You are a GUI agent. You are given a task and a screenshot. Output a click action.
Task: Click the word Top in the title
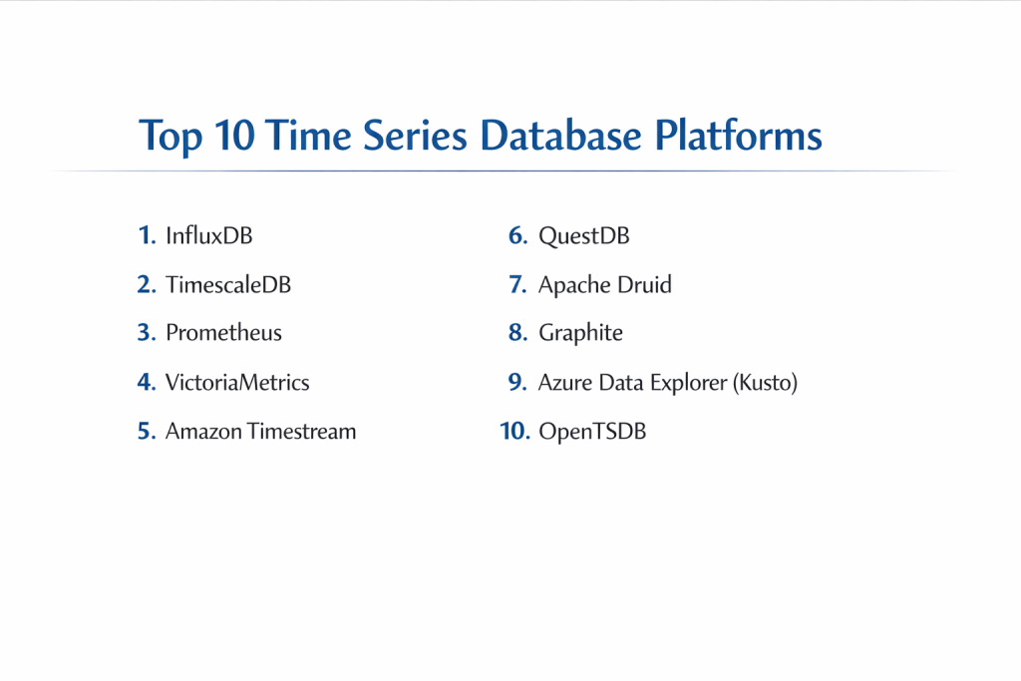tap(170, 137)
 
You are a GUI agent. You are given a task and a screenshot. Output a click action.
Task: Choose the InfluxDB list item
tap(209, 235)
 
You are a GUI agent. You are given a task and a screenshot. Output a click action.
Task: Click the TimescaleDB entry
tap(228, 284)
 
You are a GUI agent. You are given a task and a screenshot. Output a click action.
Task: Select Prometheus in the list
tap(224, 333)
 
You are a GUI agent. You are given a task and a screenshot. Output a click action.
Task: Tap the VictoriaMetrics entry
tap(237, 382)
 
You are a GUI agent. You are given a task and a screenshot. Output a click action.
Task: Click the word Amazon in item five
tap(203, 431)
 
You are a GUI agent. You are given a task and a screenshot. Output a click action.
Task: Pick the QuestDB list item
tap(584, 235)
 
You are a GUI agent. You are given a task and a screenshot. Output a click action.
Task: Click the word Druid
tap(645, 284)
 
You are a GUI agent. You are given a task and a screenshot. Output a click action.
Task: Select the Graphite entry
tap(581, 333)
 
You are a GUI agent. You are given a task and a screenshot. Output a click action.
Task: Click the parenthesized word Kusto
tap(765, 383)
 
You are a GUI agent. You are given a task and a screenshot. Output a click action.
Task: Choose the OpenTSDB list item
tap(592, 432)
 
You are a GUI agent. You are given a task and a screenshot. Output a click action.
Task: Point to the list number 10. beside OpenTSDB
tap(515, 431)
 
